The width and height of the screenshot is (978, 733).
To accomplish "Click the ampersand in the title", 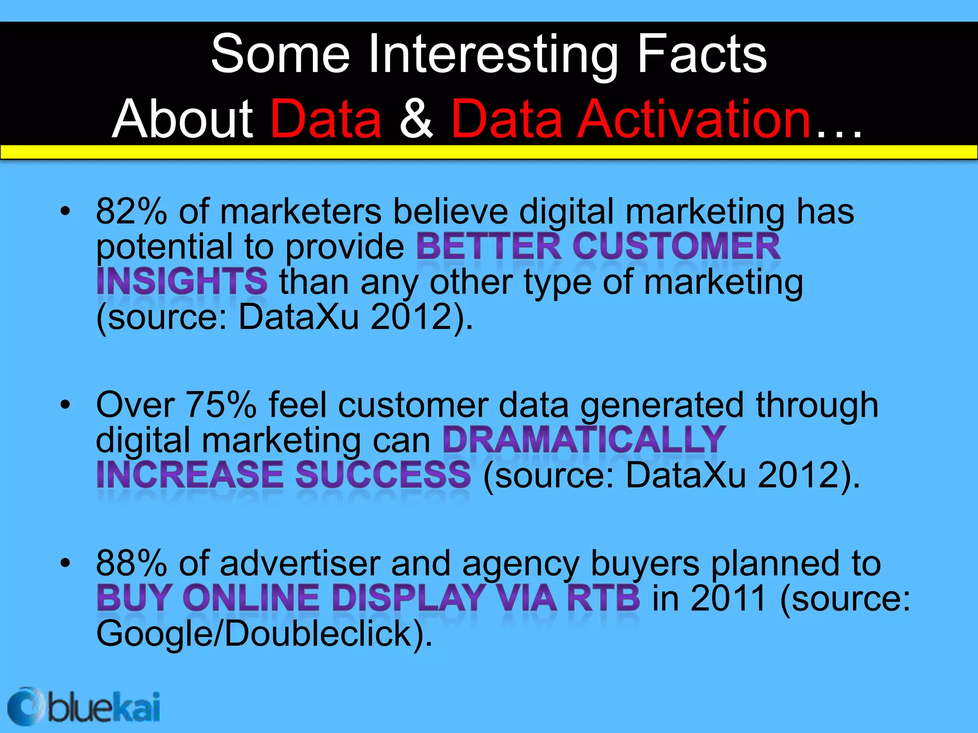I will [x=416, y=119].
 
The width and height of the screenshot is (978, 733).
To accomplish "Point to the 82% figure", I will [x=131, y=211].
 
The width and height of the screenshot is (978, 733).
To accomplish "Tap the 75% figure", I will [x=221, y=405].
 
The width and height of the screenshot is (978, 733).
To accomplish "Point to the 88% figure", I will [x=131, y=564].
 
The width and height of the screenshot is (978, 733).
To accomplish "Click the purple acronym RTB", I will [x=604, y=598].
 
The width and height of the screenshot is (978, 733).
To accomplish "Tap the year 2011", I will [x=728, y=598].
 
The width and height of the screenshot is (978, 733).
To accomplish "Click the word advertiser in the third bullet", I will [x=300, y=564].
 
